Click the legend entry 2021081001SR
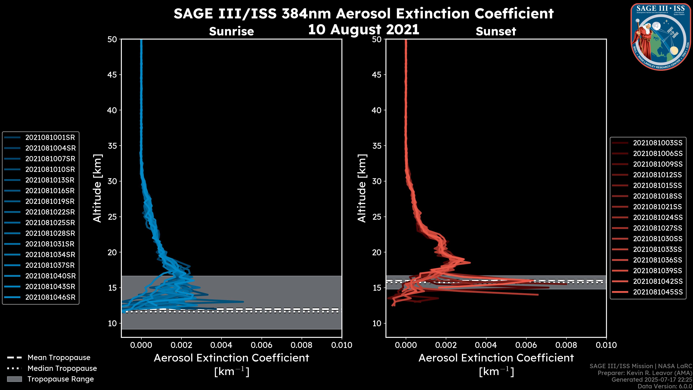click(50, 138)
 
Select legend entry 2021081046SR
click(50, 297)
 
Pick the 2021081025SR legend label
click(50, 223)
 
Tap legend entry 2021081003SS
click(657, 143)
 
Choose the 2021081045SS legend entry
click(657, 292)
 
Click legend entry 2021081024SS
click(657, 217)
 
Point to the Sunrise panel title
click(231, 31)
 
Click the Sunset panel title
click(496, 31)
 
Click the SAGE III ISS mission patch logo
click(661, 37)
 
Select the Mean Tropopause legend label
click(59, 358)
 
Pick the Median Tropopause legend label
click(62, 369)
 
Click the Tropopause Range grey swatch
click(14, 379)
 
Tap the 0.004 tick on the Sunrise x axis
click(221, 345)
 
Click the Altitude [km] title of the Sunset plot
click(362, 188)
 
